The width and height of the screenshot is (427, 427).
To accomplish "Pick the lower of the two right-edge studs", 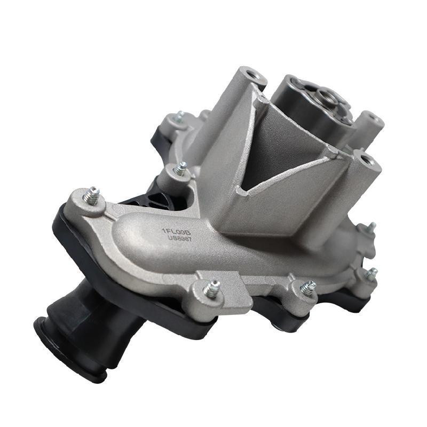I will pos(371,273).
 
